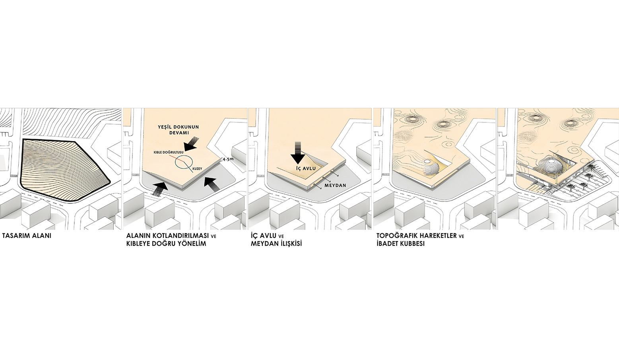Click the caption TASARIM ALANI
(27, 236)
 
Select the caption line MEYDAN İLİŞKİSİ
(276, 244)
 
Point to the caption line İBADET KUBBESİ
(400, 244)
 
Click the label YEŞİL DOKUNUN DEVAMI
(178, 130)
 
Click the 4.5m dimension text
(228, 159)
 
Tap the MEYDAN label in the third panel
(335, 186)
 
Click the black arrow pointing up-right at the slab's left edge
(160, 189)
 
